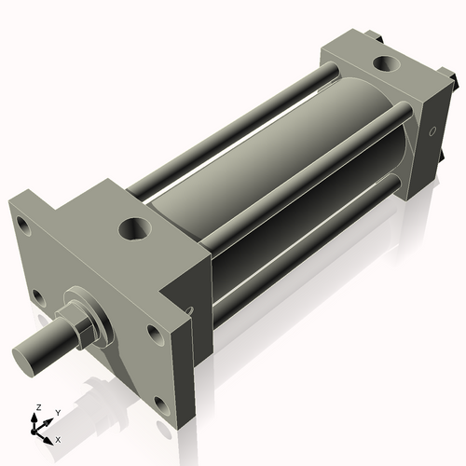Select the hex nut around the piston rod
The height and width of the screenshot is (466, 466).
pos(81,328)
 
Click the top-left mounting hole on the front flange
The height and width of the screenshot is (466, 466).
pos(21,223)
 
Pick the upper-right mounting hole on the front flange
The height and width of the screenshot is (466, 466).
pos(153,331)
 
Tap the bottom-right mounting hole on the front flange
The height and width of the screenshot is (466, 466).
pos(160,405)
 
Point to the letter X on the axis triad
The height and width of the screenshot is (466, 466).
pos(58,438)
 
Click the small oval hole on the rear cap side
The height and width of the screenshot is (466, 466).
pos(432,132)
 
